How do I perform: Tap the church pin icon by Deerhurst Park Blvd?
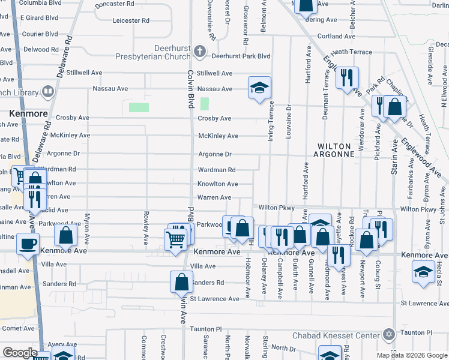click(200, 55)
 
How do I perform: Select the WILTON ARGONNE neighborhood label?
click(336, 150)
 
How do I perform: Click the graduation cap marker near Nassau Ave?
click(259, 88)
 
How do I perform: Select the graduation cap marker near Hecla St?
click(423, 271)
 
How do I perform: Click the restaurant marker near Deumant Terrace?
click(347, 77)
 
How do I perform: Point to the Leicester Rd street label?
click(130, 20)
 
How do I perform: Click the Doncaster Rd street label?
click(115, 4)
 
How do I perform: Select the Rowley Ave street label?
click(146, 228)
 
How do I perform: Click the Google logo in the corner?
click(20, 353)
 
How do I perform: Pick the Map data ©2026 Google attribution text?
click(411, 355)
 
